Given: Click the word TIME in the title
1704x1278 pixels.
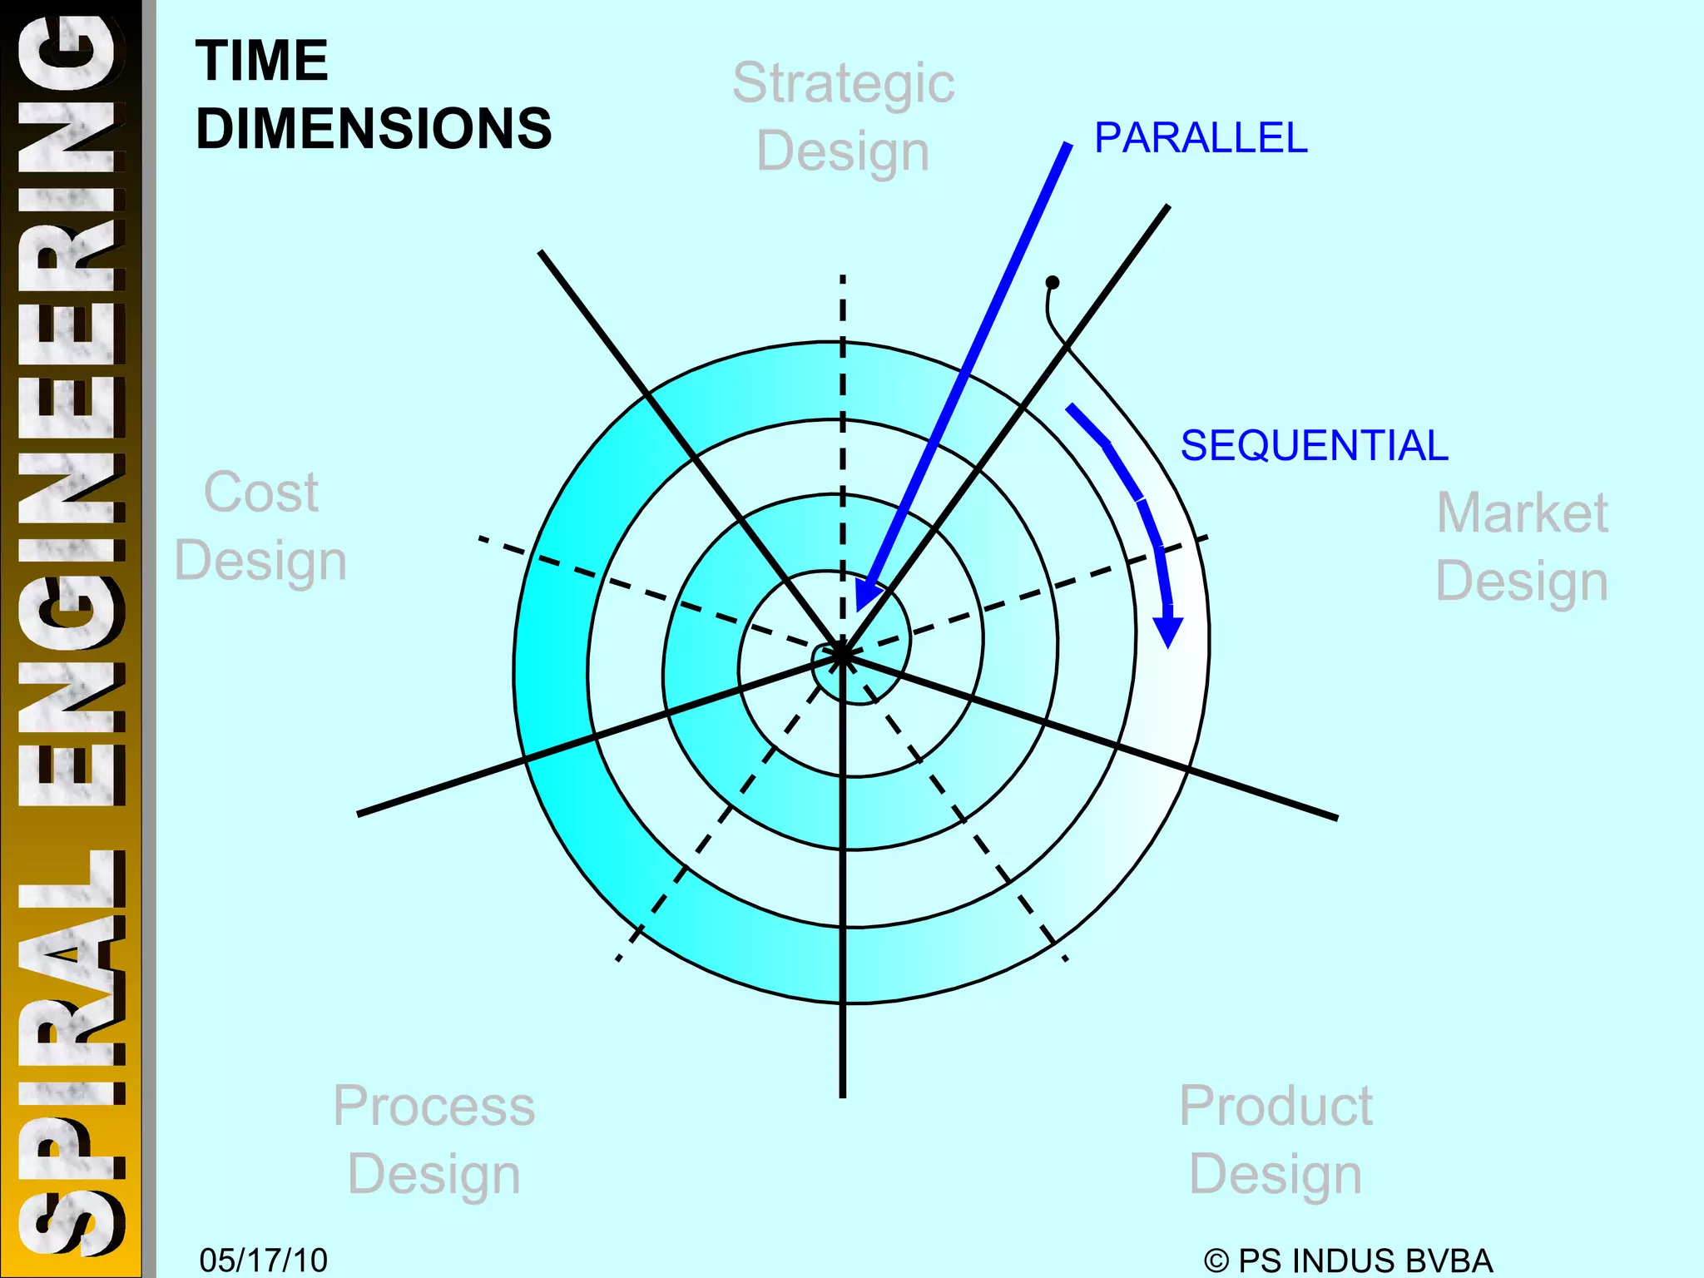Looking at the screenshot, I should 262,61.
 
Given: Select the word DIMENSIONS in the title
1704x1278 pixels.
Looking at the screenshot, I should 374,129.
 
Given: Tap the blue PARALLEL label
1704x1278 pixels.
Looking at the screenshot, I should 1201,138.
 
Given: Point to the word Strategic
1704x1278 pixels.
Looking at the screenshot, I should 843,83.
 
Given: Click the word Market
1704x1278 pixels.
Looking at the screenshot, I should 1522,513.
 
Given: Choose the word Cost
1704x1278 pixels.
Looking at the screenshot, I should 260,492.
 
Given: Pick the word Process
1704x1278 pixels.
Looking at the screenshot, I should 433,1106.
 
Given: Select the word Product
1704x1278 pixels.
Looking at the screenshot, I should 1276,1106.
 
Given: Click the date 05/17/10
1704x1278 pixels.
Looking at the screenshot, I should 263,1260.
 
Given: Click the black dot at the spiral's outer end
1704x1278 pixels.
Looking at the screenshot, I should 1053,283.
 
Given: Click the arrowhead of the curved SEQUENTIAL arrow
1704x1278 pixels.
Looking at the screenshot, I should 1169,631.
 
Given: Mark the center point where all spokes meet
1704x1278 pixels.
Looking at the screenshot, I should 842,655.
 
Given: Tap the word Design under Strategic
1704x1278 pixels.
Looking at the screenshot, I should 843,151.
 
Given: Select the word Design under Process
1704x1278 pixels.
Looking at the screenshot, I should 433,1174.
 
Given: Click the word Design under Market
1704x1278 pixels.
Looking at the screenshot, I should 1522,581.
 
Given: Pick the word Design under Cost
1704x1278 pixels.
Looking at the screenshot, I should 260,560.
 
